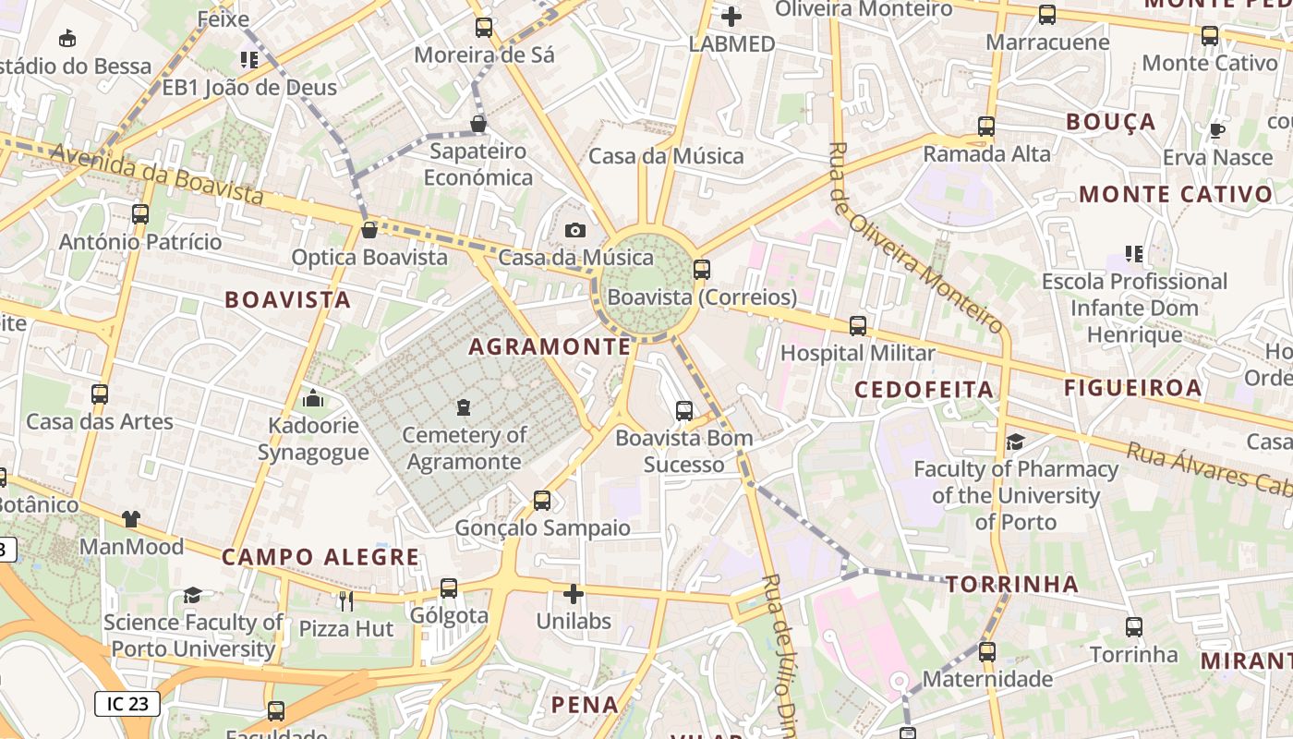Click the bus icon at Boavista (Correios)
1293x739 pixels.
pos(702,270)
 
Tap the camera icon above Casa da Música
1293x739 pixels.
pos(575,230)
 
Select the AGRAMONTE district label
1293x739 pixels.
pos(550,346)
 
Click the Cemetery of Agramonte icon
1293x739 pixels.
pos(464,406)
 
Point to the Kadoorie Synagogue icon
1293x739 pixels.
pos(313,398)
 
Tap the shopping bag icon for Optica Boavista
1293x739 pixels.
pos(369,229)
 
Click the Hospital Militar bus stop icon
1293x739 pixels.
pos(858,325)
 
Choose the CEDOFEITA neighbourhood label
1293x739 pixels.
pos(924,389)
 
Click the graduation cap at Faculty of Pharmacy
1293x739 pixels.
pos(1015,442)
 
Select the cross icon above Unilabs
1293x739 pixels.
pos(574,593)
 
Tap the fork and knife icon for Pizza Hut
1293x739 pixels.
pos(346,601)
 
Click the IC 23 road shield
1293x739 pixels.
pos(127,704)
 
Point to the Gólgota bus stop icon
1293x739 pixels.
pos(449,588)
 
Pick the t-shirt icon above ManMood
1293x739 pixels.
pos(131,519)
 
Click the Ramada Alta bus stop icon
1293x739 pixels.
pos(986,127)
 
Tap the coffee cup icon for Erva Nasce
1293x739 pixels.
pos(1217,130)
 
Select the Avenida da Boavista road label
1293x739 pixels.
pos(156,175)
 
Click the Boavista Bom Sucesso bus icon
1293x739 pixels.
pos(684,411)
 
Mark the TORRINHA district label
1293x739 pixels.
pos(1012,584)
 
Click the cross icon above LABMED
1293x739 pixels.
pos(731,16)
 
